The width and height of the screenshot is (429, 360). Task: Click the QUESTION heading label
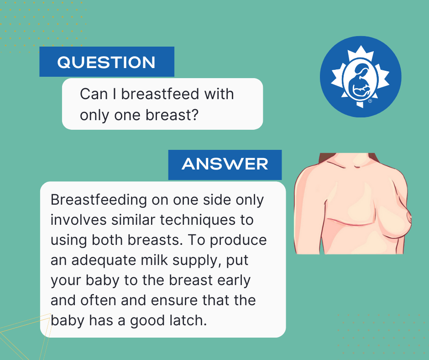coord(106,62)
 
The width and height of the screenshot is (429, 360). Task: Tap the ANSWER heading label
coord(225,164)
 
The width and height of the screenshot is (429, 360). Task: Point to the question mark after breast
coord(195,115)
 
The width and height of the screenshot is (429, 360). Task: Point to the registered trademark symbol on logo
coord(370,102)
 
